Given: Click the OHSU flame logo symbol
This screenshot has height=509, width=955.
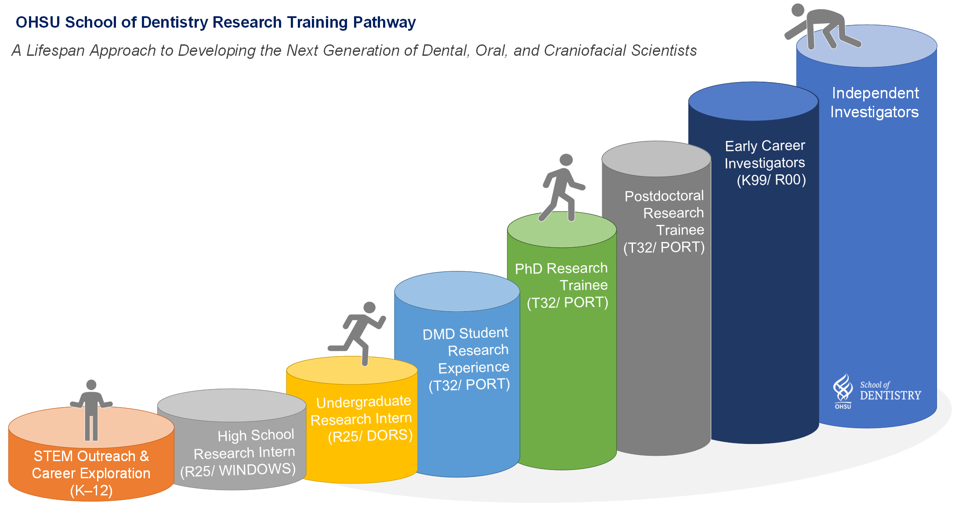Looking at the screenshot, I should tap(843, 388).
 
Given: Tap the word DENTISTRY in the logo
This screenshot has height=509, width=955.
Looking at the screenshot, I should tap(890, 396).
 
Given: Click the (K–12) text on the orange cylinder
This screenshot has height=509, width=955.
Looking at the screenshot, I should tap(91, 491).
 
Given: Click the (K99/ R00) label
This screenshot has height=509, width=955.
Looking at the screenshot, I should tap(771, 180).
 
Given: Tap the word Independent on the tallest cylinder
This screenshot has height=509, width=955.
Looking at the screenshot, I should tap(875, 93).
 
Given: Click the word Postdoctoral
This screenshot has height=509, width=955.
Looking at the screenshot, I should tap(664, 196).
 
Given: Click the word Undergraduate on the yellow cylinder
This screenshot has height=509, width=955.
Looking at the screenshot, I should tap(363, 402).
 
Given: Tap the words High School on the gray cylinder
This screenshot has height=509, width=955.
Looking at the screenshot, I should tap(256, 435).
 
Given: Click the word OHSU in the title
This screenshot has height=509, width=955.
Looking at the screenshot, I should tap(37, 22).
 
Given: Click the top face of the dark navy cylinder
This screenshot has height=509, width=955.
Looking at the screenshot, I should tap(753, 101).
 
